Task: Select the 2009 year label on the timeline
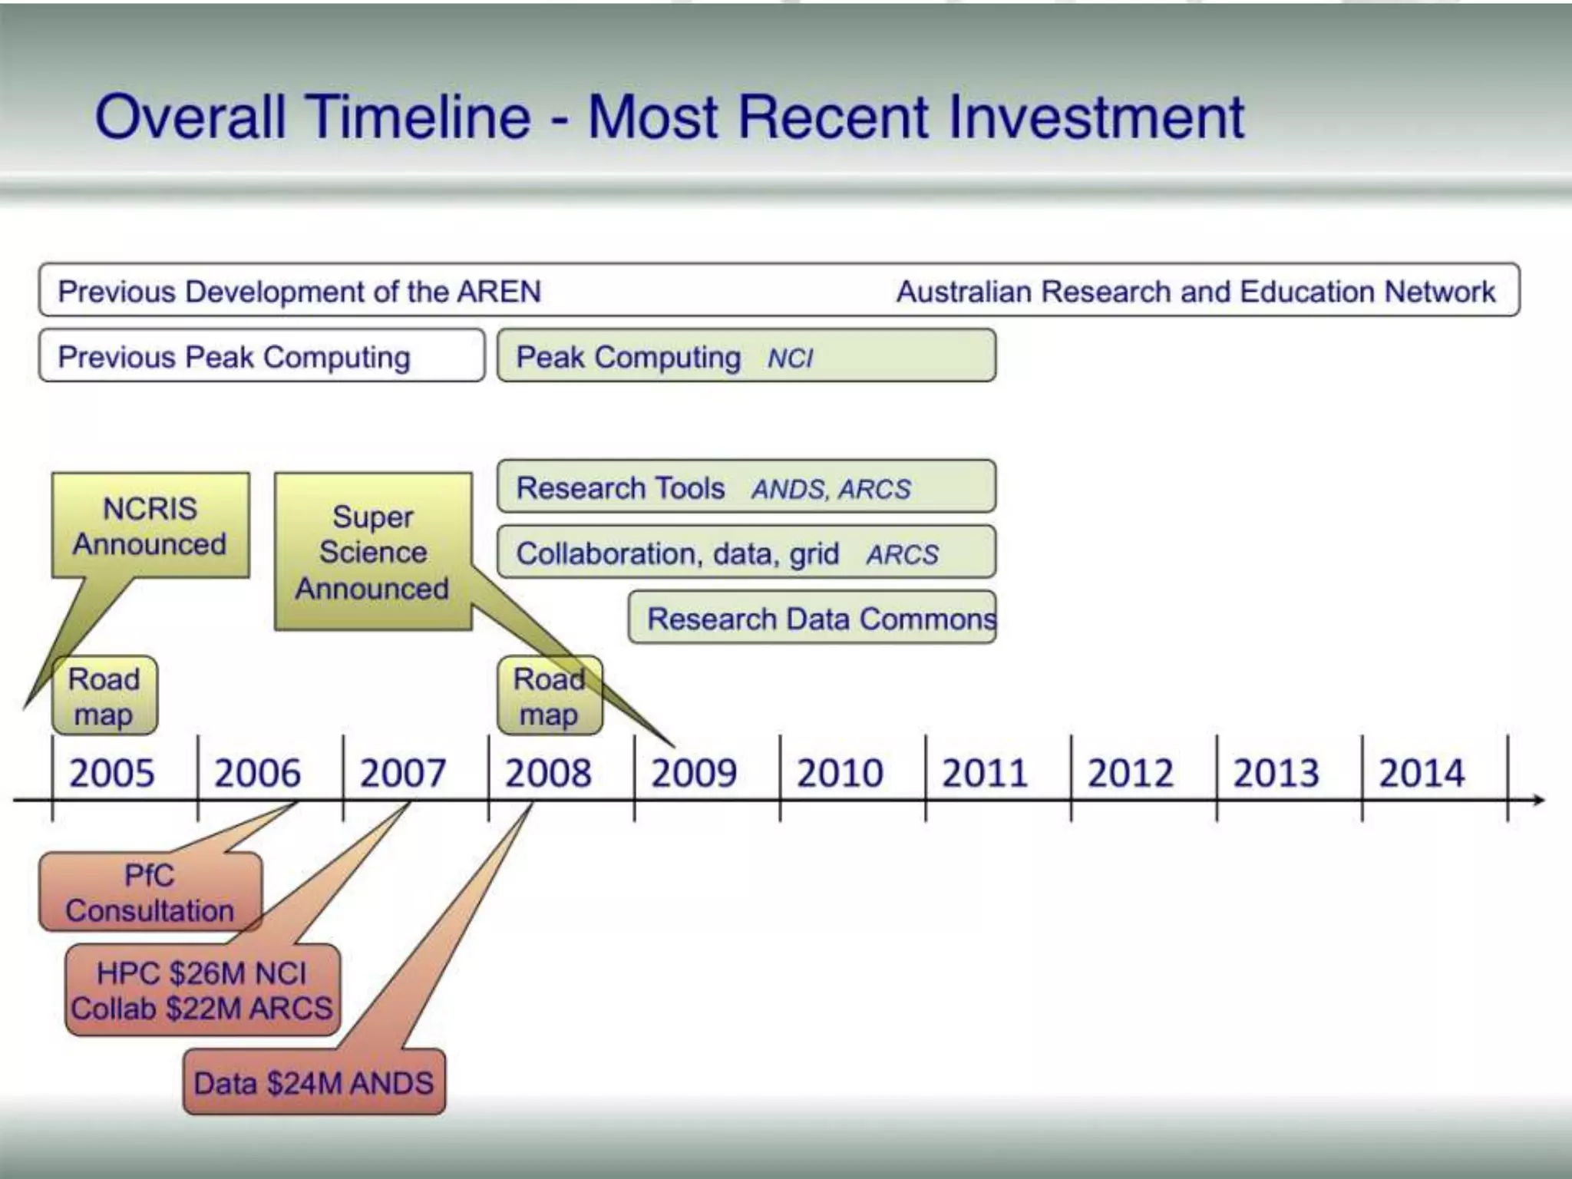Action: click(x=694, y=772)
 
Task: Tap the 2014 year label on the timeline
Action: click(x=1422, y=772)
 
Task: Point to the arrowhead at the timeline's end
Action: click(x=1537, y=801)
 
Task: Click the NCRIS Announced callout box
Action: click(x=150, y=526)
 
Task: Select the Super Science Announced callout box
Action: click(x=373, y=552)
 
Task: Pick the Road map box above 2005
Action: click(x=104, y=695)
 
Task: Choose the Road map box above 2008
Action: click(x=549, y=695)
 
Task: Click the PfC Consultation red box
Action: click(x=150, y=892)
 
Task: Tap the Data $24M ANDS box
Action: click(x=314, y=1082)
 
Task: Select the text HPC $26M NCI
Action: click(x=201, y=973)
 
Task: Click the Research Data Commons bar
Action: click(x=812, y=618)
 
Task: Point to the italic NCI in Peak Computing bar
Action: click(x=790, y=358)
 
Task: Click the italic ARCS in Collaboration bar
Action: click(x=902, y=554)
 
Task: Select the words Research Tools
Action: click(x=620, y=488)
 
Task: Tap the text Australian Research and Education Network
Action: click(x=1195, y=292)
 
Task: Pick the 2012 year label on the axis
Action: click(x=1130, y=772)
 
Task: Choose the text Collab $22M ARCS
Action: click(x=201, y=1009)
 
